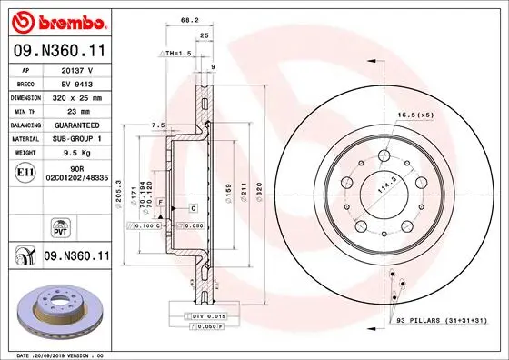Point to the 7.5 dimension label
(x=156, y=125)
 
